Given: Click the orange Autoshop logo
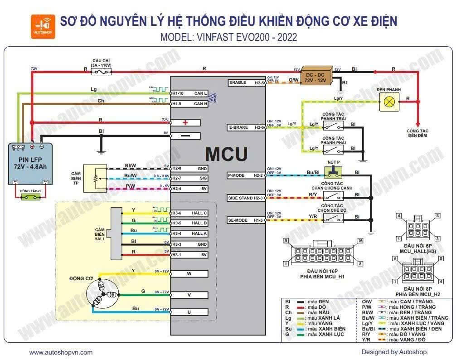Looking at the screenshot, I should [43, 26].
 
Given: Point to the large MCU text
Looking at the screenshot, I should [226, 154].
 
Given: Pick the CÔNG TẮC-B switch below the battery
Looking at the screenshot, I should [30, 198].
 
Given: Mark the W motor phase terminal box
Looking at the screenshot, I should [189, 274].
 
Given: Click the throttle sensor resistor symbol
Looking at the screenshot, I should [95, 177].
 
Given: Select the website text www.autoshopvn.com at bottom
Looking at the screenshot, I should [61, 352].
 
